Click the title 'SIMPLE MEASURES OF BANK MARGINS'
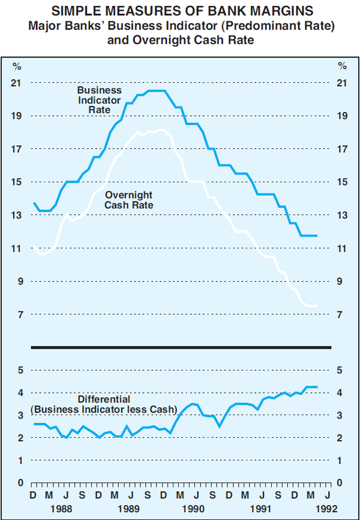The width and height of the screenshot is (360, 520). click(180, 10)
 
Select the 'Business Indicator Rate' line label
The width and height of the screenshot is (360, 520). click(99, 100)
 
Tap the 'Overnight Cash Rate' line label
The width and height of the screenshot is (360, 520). click(128, 200)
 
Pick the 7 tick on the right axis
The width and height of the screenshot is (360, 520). click(341, 315)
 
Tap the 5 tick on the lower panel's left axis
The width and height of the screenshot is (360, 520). click(20, 371)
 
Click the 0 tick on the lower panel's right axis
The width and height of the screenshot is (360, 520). click(340, 483)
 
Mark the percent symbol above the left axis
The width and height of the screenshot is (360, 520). click(18, 66)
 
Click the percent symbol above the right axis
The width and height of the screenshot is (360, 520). click(341, 66)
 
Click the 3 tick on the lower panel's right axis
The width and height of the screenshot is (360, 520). click(340, 416)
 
